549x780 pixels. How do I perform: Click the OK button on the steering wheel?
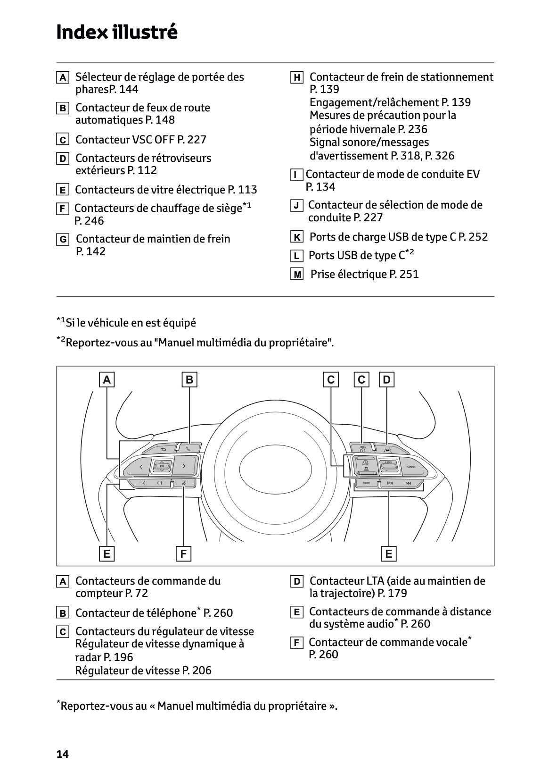[x=162, y=466]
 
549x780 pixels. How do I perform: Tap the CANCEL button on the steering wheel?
[x=410, y=467]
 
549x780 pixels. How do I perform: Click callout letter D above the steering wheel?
[x=386, y=380]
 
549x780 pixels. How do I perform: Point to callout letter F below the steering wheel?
[x=183, y=554]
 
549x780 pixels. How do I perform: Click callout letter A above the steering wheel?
[x=107, y=380]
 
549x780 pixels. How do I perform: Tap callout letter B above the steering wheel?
[x=189, y=380]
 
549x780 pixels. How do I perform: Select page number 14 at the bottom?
[x=62, y=754]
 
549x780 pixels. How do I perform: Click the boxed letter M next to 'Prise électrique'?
[x=296, y=275]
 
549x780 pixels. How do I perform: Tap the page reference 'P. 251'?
[x=404, y=274]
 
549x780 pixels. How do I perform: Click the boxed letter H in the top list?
[x=296, y=78]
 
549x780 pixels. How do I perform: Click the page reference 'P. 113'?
[x=242, y=190]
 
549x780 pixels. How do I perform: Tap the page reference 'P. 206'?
[x=197, y=670]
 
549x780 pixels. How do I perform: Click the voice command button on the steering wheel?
[x=182, y=483]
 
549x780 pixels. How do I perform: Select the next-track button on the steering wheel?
[x=408, y=483]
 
